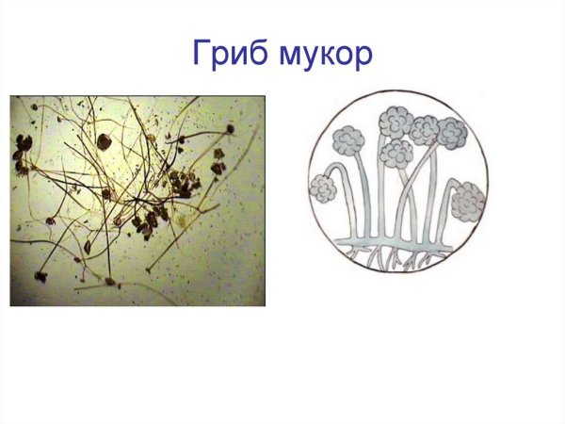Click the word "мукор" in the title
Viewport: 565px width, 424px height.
pos(325,54)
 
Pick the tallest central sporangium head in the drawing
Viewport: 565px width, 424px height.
pos(395,122)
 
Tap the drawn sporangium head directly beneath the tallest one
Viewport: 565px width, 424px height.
pos(395,154)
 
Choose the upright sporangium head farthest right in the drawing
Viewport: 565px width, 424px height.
pos(451,134)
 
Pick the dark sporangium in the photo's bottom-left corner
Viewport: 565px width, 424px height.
pos(40,277)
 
